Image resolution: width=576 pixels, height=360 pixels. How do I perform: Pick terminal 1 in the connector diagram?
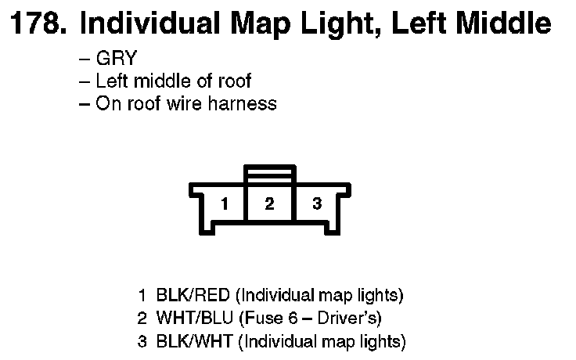click(225, 205)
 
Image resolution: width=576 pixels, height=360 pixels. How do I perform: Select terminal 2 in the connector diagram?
click(270, 204)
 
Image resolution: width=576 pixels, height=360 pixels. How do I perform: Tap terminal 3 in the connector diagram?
click(316, 204)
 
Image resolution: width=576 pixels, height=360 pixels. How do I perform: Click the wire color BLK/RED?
click(193, 296)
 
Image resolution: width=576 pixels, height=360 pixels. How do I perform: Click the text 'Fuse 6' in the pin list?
click(270, 319)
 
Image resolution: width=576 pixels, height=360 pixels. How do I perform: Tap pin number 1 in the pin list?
click(142, 296)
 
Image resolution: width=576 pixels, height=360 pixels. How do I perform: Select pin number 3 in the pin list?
click(142, 341)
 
